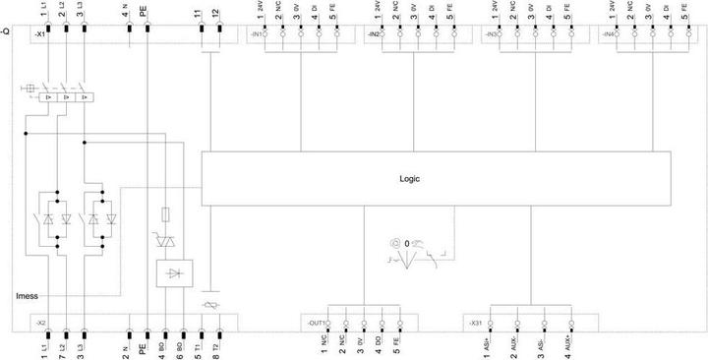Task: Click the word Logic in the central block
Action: [409, 180]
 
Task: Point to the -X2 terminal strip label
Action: [40, 322]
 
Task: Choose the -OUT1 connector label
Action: [317, 322]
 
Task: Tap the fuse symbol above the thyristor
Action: [175, 212]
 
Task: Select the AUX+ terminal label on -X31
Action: [570, 344]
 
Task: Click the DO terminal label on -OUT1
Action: [378, 344]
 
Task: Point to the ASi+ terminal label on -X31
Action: [488, 344]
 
